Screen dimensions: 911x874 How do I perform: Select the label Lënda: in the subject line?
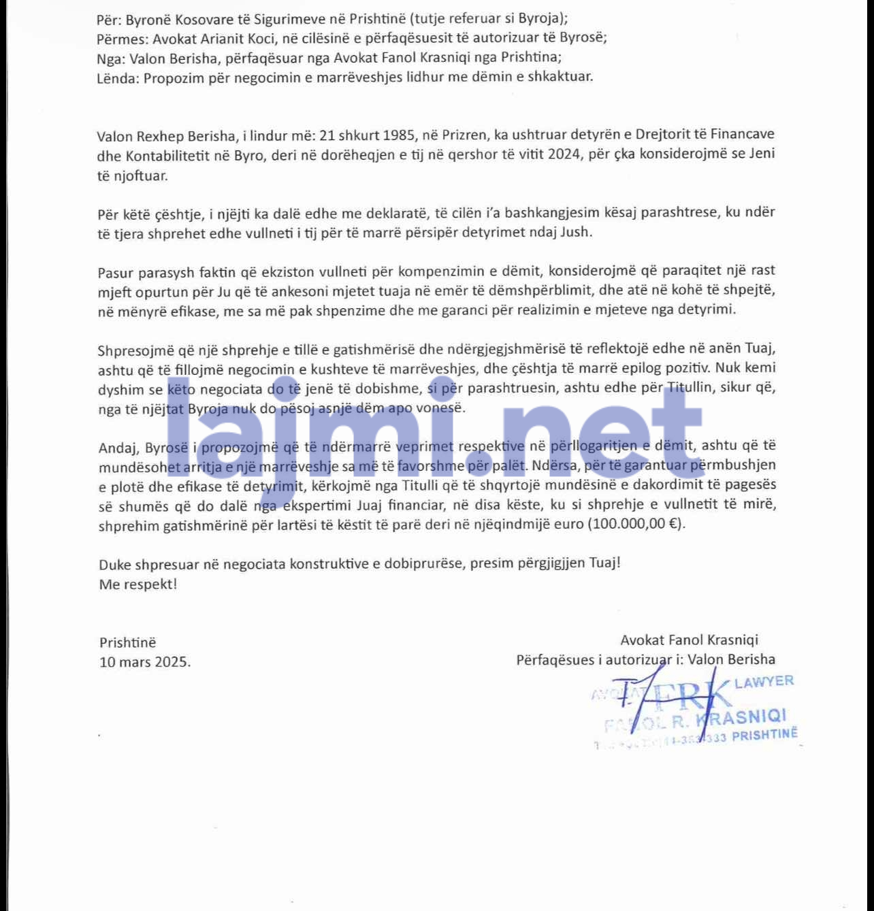coord(118,77)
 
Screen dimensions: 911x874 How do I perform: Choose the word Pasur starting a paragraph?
coord(116,273)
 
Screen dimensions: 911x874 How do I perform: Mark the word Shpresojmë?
coord(135,351)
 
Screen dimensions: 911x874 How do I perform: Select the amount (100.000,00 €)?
coord(637,525)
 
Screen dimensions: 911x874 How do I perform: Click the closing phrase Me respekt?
coord(137,584)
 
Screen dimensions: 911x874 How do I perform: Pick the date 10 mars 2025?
coord(145,662)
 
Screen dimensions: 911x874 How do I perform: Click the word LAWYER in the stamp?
coord(764,682)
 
